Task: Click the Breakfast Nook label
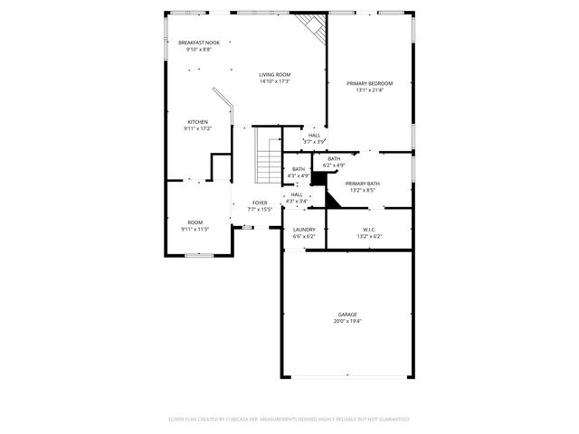pos(199,42)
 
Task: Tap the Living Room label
pos(274,75)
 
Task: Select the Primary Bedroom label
pos(369,83)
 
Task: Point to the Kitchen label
pos(197,122)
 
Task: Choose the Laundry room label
pos(304,230)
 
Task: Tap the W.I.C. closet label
pos(369,230)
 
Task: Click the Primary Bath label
pos(362,184)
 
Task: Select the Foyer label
pos(260,203)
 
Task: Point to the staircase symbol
pos(268,154)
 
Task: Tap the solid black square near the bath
pos(318,178)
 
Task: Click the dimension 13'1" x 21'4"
pos(369,90)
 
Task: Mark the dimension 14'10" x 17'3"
pos(274,81)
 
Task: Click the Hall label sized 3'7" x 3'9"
pos(314,136)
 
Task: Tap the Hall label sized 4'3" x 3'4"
pos(297,194)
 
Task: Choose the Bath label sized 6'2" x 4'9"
pos(335,159)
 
